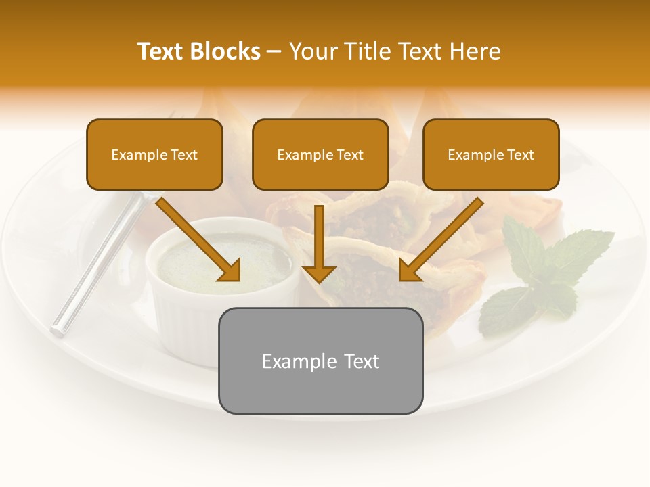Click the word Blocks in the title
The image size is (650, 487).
coord(225,51)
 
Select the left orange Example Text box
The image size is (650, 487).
coord(154,154)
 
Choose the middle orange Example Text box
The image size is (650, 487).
coord(320,154)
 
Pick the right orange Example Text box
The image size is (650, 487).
coord(491,154)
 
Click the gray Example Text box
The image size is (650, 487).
coord(320,361)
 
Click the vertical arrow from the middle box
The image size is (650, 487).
coord(319,240)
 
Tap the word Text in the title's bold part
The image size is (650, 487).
coord(161,51)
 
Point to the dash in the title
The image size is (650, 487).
coord(274,52)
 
